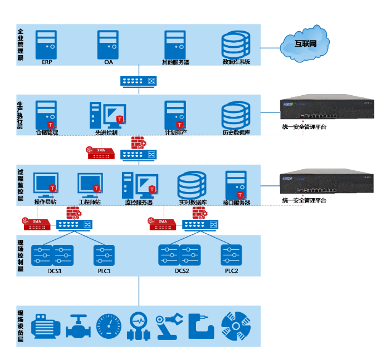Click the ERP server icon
(46, 43)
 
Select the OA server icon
(108, 43)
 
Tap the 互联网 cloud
(305, 43)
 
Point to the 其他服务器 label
(175, 62)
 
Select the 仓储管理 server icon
(45, 114)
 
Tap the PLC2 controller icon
(231, 255)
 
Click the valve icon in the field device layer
(77, 327)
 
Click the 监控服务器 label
(139, 203)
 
